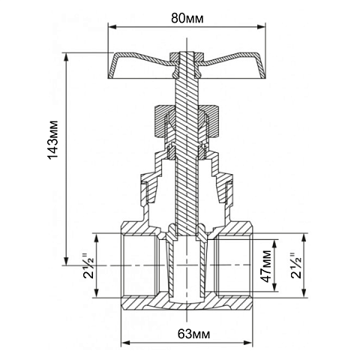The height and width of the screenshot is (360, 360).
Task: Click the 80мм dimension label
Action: (187, 15)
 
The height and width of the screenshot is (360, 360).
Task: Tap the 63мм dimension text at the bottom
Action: (187, 332)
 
